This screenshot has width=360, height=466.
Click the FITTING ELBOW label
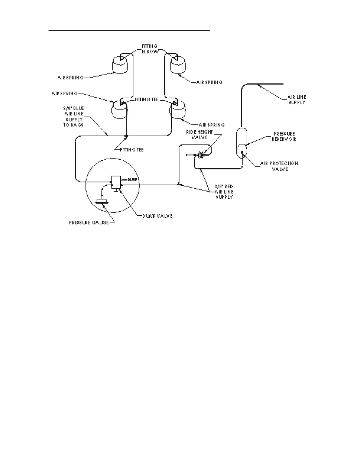pos(150,49)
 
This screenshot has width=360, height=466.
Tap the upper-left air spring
pos(120,64)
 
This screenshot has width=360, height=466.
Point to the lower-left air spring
pos(119,110)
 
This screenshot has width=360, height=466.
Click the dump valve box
pos(116,182)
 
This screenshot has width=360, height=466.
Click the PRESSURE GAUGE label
pos(89,223)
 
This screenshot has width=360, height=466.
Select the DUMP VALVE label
pos(157,216)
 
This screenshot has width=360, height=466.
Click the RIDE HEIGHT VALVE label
pos(199,135)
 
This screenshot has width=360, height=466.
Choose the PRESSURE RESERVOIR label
pos(284,137)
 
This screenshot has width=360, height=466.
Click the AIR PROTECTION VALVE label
pos(279,166)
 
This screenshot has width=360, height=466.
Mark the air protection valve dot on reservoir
pos(242,152)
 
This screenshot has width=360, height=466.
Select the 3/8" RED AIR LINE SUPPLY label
pos(224,192)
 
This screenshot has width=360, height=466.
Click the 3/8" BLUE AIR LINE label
pos(74,116)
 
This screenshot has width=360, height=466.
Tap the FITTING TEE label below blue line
pos(132,150)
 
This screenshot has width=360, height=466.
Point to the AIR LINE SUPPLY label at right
pos(297,100)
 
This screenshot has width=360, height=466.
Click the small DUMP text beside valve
pos(133,179)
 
